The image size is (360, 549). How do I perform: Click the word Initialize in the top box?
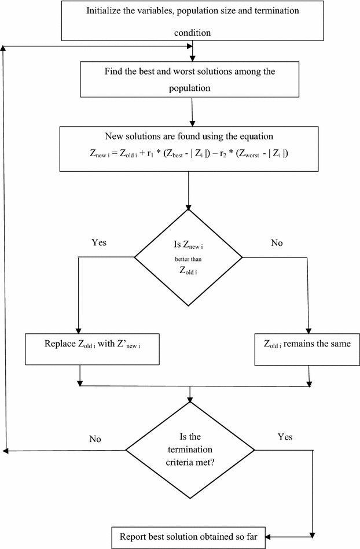click(x=105, y=11)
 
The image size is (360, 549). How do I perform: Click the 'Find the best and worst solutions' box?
click(x=190, y=78)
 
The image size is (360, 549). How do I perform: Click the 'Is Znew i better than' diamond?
click(x=189, y=255)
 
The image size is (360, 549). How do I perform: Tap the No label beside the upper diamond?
click(x=277, y=243)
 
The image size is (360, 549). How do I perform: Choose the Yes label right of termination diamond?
click(x=285, y=437)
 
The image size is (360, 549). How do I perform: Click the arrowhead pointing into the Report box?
click(x=270, y=536)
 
